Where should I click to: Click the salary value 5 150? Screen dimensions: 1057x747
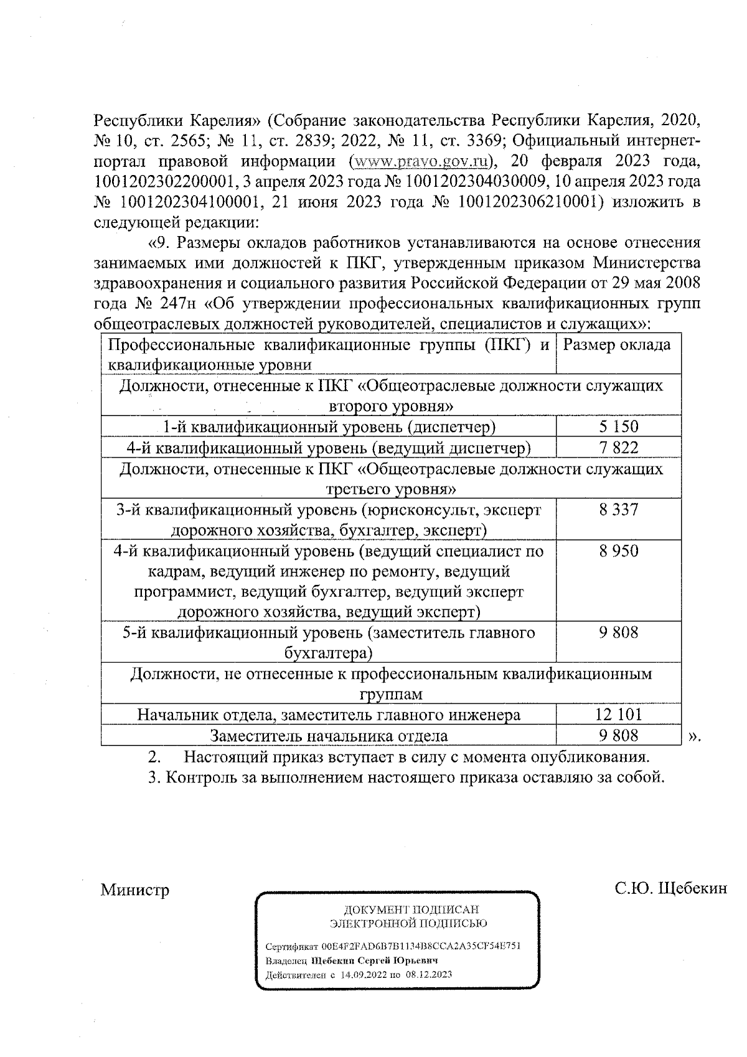619,427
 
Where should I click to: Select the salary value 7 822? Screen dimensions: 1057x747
619,447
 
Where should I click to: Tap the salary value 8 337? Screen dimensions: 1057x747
619,510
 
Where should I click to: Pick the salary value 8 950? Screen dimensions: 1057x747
619,551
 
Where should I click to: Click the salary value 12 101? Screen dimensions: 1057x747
619,714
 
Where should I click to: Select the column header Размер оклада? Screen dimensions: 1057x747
616,345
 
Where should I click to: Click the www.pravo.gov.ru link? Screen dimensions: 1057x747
420,161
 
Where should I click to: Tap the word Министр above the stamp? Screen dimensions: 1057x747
135,889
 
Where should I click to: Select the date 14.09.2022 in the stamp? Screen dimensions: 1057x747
363,974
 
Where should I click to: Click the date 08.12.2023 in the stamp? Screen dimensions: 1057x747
428,974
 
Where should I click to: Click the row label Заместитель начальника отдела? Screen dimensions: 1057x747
329,736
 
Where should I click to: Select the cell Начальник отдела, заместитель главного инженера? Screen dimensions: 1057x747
329,714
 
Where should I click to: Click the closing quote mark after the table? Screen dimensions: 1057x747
695,736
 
